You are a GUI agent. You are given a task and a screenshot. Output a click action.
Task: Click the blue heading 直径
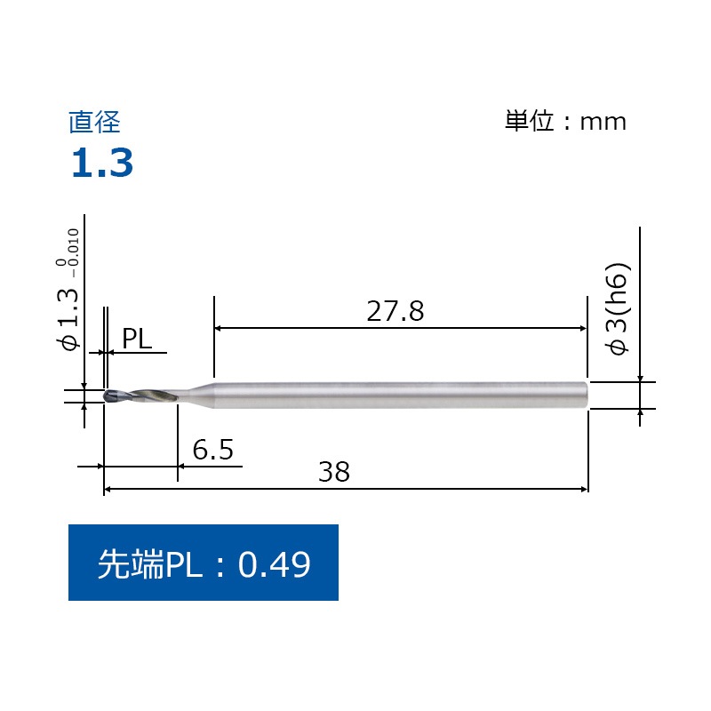[93, 122]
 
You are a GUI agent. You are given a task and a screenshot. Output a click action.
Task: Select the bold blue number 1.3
[102, 164]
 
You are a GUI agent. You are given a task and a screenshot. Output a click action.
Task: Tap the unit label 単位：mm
[566, 122]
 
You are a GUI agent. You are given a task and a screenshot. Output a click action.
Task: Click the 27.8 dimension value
[395, 311]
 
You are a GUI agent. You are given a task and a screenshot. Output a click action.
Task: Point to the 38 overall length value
[334, 473]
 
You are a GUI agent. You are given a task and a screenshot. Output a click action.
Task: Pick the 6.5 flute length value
[212, 451]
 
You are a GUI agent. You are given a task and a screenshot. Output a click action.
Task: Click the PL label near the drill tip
[137, 338]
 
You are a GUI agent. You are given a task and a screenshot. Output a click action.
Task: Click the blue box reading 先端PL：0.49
[204, 563]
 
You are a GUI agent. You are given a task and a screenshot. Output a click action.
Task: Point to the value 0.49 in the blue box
[275, 563]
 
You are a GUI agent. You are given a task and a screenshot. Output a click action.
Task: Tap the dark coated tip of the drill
[109, 396]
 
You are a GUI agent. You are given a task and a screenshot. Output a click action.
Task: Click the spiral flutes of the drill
[147, 396]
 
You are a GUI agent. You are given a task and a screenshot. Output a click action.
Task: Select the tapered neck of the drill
[197, 395]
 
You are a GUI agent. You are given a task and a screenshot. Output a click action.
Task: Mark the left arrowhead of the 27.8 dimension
[220, 328]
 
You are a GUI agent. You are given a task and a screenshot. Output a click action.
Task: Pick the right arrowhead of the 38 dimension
[584, 489]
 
